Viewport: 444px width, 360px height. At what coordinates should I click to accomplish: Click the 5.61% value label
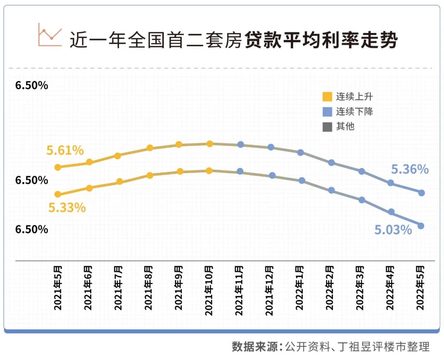click(x=65, y=151)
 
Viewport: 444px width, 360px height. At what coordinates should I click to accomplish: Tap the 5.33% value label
click(x=67, y=208)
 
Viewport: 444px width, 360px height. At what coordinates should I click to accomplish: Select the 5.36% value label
click(x=409, y=169)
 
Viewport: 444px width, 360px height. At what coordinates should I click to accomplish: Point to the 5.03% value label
click(x=393, y=230)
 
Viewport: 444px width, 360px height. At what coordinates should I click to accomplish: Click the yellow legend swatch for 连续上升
click(x=327, y=97)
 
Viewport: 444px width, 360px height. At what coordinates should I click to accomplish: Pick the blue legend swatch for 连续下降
click(x=327, y=111)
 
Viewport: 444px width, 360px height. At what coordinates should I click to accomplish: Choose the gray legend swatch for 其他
click(x=327, y=126)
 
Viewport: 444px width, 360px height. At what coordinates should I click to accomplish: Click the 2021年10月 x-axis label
click(x=209, y=291)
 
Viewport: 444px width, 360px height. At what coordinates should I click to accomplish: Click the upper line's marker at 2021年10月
click(x=209, y=144)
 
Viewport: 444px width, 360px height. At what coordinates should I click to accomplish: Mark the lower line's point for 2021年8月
click(x=150, y=175)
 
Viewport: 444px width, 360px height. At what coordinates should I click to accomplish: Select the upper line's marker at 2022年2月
click(x=331, y=163)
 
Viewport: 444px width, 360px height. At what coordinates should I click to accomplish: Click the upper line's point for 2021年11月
click(x=241, y=144)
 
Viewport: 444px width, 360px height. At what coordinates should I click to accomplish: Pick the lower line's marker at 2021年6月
click(x=89, y=188)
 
